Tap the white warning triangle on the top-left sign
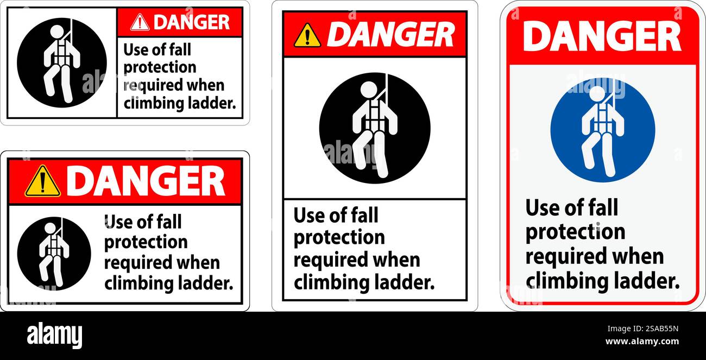pos(140,22)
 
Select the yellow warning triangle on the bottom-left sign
pos(42,181)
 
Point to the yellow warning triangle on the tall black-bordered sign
pos(307,35)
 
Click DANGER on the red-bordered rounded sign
pos(602,36)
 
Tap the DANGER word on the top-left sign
pos(191,22)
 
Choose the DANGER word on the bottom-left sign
pos(146,181)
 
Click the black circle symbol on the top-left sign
pos(62,62)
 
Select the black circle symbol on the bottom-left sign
pos(54,253)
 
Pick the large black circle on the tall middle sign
pos(375,128)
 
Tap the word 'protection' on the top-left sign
pos(160,67)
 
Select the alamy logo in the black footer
pos(54,335)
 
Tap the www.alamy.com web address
pos(642,342)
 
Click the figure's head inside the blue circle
pos(597,93)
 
